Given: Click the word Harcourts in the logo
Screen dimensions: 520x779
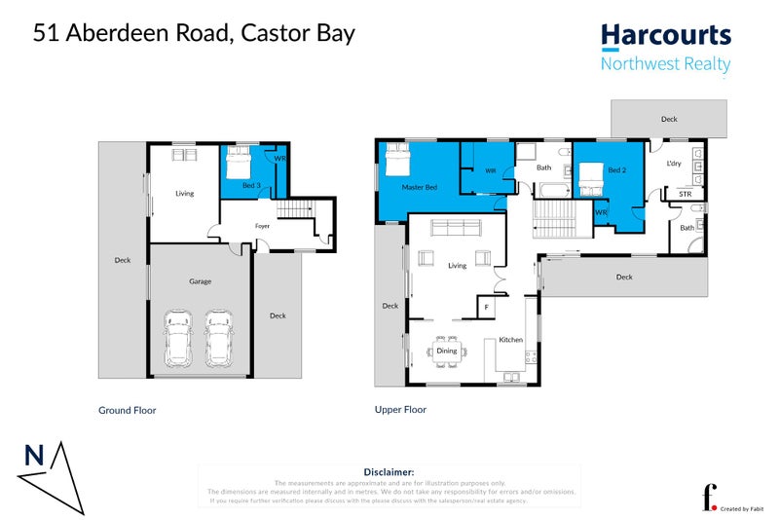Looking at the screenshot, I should [x=665, y=36].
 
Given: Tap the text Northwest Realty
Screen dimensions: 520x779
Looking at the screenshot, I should [x=665, y=65].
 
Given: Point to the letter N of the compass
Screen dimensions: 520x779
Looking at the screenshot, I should [x=34, y=455].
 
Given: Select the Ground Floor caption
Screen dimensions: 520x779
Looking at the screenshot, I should [x=127, y=411].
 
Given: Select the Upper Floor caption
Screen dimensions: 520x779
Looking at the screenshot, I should [x=400, y=410].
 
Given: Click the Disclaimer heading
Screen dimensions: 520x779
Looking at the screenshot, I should [x=389, y=471].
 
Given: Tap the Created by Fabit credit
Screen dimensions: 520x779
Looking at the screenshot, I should [x=743, y=508].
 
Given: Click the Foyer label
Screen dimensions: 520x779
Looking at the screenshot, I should [x=262, y=226].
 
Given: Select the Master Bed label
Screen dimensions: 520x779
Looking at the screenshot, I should [x=419, y=186].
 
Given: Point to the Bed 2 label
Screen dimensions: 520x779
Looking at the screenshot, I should [x=616, y=170].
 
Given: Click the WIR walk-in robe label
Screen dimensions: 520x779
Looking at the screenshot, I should [x=491, y=171].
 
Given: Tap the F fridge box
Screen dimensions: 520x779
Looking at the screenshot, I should [x=486, y=308].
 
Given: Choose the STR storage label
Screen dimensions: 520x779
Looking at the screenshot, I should [x=685, y=195].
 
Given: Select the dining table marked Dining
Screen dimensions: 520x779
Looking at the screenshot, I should [x=446, y=351].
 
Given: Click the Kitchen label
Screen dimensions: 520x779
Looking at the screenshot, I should [x=511, y=340].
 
